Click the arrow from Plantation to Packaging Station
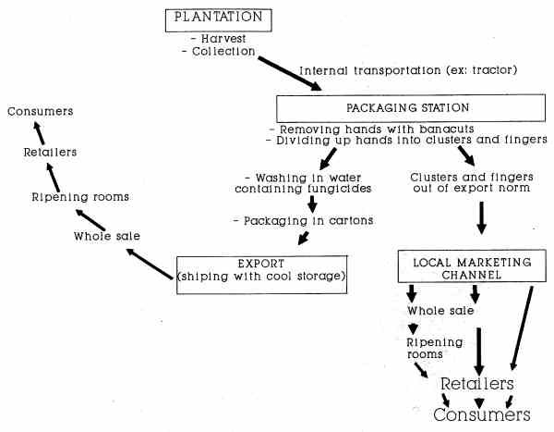(289, 73)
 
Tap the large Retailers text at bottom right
(476, 383)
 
